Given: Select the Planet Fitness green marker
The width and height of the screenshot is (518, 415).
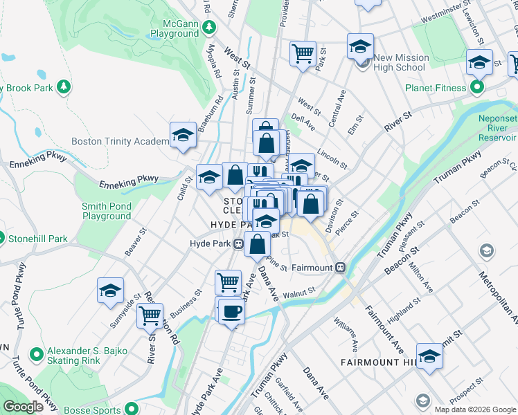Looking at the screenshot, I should click(477, 88).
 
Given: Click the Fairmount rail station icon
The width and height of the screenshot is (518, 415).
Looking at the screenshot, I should click(340, 267).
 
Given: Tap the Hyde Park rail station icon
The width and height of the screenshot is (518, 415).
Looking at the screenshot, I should click(238, 243).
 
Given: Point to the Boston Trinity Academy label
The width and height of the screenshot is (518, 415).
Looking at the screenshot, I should click(119, 141).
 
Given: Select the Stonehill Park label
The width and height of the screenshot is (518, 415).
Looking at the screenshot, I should click(38, 239).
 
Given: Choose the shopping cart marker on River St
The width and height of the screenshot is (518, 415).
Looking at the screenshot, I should click(150, 316).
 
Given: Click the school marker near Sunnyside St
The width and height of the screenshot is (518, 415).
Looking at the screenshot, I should click(110, 291).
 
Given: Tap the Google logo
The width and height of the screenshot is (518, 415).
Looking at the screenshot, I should click(23, 407).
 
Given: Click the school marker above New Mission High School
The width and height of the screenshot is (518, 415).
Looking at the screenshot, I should click(360, 46).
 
